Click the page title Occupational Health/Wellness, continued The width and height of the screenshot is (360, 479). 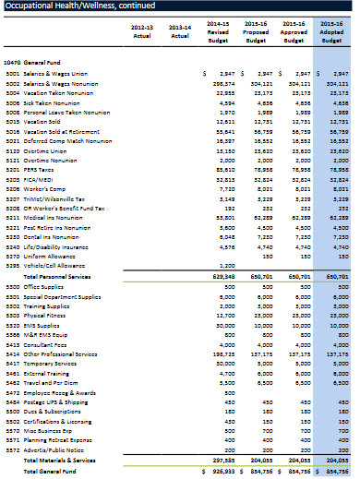[x=82, y=8]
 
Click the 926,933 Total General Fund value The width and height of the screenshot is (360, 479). [x=220, y=469]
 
